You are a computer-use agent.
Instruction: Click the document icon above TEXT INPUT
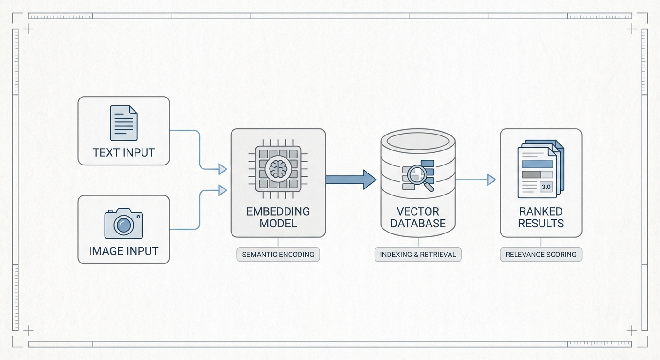click(123, 123)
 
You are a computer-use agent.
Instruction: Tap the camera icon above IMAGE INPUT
click(123, 224)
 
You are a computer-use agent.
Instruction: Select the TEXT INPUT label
click(123, 152)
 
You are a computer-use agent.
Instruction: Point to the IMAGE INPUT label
click(123, 251)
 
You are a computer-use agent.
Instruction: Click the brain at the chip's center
click(278, 168)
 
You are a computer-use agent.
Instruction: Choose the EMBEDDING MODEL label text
click(278, 217)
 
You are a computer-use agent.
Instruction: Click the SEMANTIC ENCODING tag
click(278, 255)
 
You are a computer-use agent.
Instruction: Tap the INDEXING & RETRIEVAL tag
click(418, 255)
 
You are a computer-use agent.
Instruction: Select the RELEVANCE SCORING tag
click(540, 255)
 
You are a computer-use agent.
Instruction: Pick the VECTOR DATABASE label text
click(418, 217)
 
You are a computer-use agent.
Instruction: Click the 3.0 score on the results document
click(546, 187)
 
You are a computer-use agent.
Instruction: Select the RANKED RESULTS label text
click(540, 217)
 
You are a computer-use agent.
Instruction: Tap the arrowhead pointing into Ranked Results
click(492, 180)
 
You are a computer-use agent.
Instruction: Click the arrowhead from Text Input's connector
click(223, 169)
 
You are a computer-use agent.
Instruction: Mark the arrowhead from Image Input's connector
click(223, 190)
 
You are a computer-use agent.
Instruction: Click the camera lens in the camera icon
click(124, 226)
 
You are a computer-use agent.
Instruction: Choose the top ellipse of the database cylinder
click(418, 141)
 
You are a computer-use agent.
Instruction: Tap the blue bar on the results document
click(537, 164)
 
